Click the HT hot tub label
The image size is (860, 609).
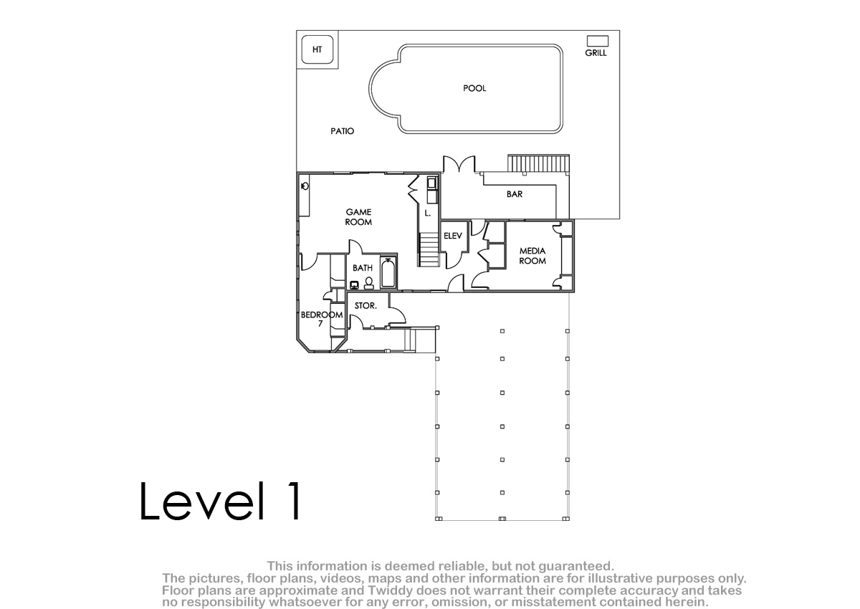pos(317,49)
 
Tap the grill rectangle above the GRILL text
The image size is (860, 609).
pos(598,41)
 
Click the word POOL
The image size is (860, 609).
pos(474,88)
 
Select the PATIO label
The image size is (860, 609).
pos(342,131)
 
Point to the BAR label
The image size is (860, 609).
pos(515,194)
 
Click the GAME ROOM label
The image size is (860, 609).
pos(358,217)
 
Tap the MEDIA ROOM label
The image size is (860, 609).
pos(532,256)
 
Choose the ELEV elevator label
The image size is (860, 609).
pos(453,236)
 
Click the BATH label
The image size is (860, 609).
pos(363,268)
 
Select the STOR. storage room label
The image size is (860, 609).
pos(365,306)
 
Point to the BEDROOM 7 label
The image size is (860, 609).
pos(322,319)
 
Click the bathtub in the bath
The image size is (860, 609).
pos(388,273)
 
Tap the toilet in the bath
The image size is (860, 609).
pos(368,283)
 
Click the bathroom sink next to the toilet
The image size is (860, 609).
pos(354,285)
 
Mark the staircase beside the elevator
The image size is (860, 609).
pos(429,249)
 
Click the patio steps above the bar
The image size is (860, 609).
pos(538,163)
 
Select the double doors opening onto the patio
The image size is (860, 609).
pos(459,164)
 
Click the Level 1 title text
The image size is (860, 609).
pos(220,501)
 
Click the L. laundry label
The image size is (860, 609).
pos(428,213)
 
